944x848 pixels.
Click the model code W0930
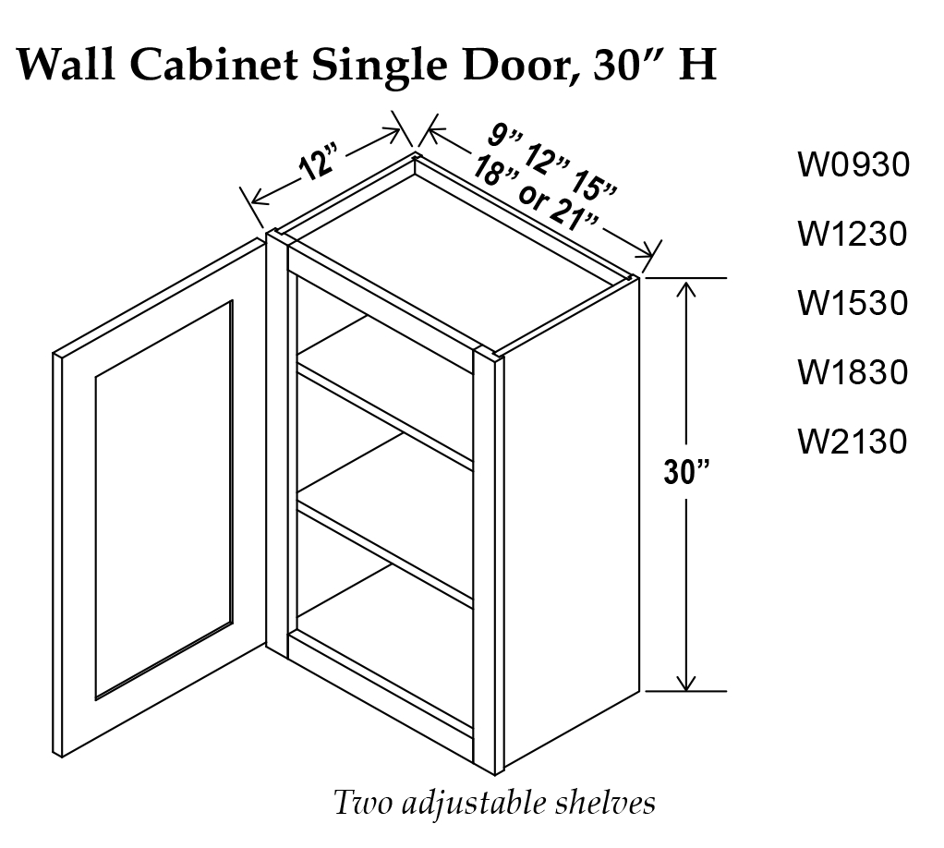tap(853, 165)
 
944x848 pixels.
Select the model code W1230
tap(853, 234)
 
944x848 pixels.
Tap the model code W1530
tap(853, 303)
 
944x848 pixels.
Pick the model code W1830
tap(853, 372)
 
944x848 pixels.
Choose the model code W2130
tap(853, 442)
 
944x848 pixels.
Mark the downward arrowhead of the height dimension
tap(685, 681)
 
